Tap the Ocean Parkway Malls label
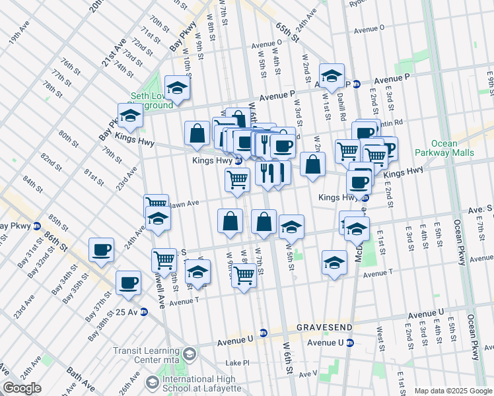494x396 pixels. [453, 148]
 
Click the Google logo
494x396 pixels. [22, 388]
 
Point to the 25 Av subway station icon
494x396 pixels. [143, 312]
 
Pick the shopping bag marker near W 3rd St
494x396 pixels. [313, 164]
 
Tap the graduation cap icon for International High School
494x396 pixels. [153, 383]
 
